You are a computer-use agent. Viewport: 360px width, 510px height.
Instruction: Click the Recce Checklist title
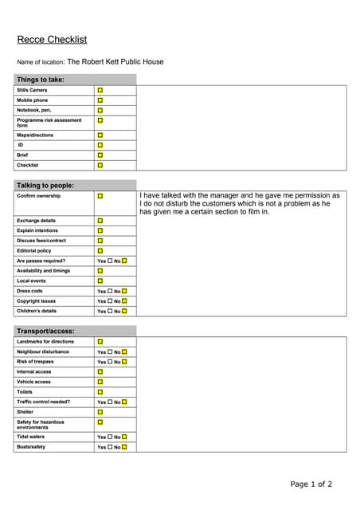(x=52, y=40)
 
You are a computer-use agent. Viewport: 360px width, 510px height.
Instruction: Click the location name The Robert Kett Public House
(x=115, y=61)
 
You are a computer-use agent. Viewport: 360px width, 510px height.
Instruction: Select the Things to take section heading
(x=41, y=80)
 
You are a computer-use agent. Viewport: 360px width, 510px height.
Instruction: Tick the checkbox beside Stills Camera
(x=100, y=90)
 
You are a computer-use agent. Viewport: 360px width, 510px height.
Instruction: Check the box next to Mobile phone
(x=100, y=100)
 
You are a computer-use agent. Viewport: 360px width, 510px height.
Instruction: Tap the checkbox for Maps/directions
(x=100, y=135)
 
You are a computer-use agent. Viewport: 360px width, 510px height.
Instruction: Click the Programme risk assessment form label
(x=49, y=123)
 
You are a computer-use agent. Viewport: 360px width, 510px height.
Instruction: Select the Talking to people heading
(x=45, y=185)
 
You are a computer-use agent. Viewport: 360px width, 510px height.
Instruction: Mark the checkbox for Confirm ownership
(x=100, y=196)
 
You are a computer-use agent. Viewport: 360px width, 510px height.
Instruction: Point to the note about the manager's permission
(x=239, y=203)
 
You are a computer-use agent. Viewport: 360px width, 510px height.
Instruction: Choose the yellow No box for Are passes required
(x=124, y=261)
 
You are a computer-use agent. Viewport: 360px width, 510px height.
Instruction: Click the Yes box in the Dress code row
(x=110, y=291)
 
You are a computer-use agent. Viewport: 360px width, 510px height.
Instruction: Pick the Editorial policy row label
(x=33, y=250)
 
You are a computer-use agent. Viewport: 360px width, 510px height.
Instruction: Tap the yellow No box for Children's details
(x=124, y=311)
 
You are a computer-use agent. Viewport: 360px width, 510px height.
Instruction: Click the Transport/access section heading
(x=45, y=331)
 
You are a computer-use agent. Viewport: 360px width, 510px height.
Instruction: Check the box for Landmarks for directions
(x=100, y=341)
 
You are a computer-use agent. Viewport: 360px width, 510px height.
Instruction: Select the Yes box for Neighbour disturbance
(x=110, y=351)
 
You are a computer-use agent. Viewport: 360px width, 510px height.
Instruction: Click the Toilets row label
(x=26, y=391)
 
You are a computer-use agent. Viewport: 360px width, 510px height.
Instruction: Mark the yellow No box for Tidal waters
(x=124, y=437)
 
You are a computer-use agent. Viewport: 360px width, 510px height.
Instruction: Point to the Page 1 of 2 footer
(x=311, y=484)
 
